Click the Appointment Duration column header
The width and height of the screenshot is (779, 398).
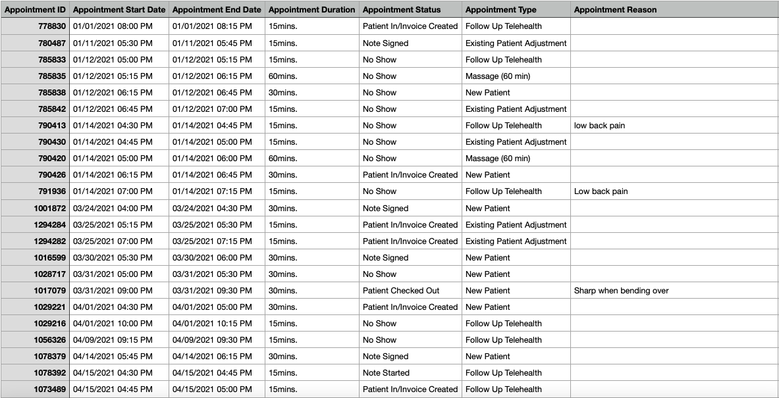click(x=311, y=10)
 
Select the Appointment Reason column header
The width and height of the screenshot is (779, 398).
click(x=615, y=10)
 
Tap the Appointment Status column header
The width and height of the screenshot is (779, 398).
click(x=402, y=10)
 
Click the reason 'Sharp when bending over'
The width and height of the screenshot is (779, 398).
click(x=621, y=291)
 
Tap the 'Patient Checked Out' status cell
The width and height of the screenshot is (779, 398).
click(x=401, y=291)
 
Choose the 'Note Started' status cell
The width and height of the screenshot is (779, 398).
click(x=386, y=373)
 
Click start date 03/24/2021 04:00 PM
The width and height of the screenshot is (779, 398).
click(x=113, y=209)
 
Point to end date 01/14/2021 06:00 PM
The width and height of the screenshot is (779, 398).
click(x=212, y=159)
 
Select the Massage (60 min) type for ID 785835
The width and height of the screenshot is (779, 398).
click(x=497, y=76)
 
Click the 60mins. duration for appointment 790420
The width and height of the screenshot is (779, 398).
click(x=282, y=159)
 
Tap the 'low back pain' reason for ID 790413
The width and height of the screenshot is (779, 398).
click(x=599, y=126)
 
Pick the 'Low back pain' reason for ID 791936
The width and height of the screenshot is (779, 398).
click(x=601, y=191)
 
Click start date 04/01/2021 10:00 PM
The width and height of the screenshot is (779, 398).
click(x=113, y=324)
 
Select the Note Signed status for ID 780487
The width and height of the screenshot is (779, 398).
click(x=385, y=43)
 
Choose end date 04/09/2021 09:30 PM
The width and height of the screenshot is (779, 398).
click(x=212, y=340)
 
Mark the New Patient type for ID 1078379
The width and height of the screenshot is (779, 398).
click(x=487, y=357)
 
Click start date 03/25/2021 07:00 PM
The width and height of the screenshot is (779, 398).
click(x=113, y=241)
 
